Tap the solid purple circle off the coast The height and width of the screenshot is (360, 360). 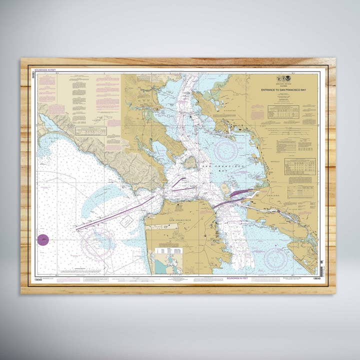(43, 240)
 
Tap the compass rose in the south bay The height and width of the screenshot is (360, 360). (276, 258)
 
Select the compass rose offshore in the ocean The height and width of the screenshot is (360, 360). (97, 244)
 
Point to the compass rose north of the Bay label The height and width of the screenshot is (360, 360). (226, 149)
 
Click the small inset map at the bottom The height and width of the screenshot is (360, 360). (168, 260)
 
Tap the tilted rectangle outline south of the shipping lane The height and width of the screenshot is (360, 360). (127, 221)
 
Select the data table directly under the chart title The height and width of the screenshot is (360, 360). (283, 111)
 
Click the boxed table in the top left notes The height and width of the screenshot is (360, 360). (91, 131)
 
